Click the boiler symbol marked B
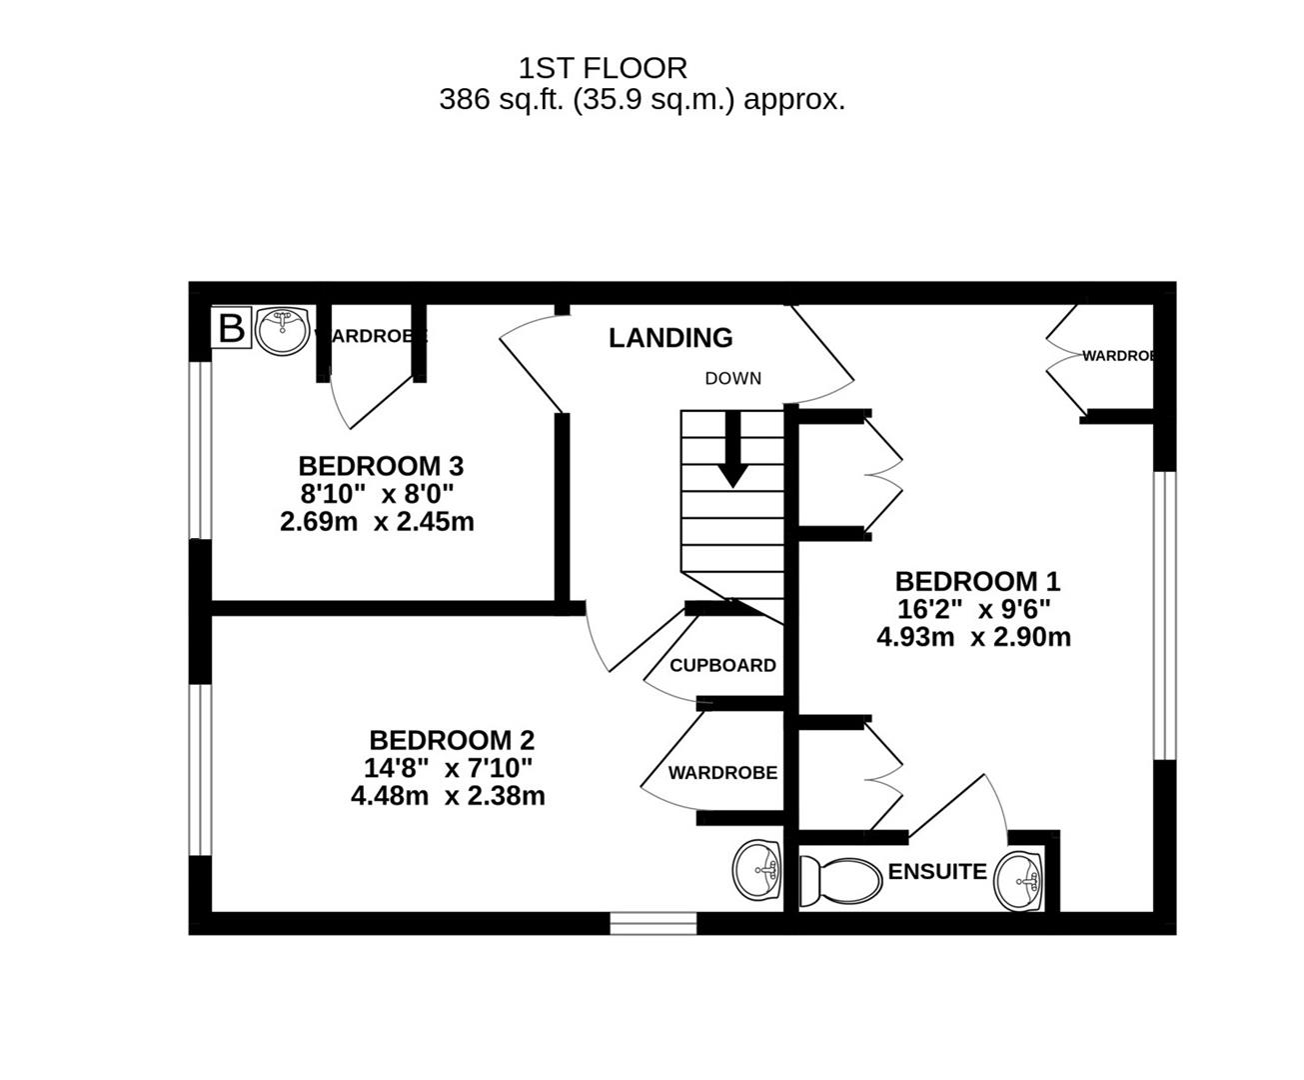click(231, 328)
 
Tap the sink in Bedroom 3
click(282, 331)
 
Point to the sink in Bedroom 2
click(757, 869)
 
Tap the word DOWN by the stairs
click(732, 378)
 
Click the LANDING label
click(670, 338)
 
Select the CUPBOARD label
click(722, 665)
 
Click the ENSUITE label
click(936, 871)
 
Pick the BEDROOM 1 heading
click(976, 581)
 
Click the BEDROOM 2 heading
click(452, 740)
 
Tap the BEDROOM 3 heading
click(381, 466)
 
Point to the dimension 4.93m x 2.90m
click(973, 637)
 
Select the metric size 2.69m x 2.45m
click(377, 522)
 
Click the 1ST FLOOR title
click(603, 68)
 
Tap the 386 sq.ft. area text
click(642, 100)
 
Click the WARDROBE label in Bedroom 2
click(722, 773)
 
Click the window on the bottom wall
click(653, 923)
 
